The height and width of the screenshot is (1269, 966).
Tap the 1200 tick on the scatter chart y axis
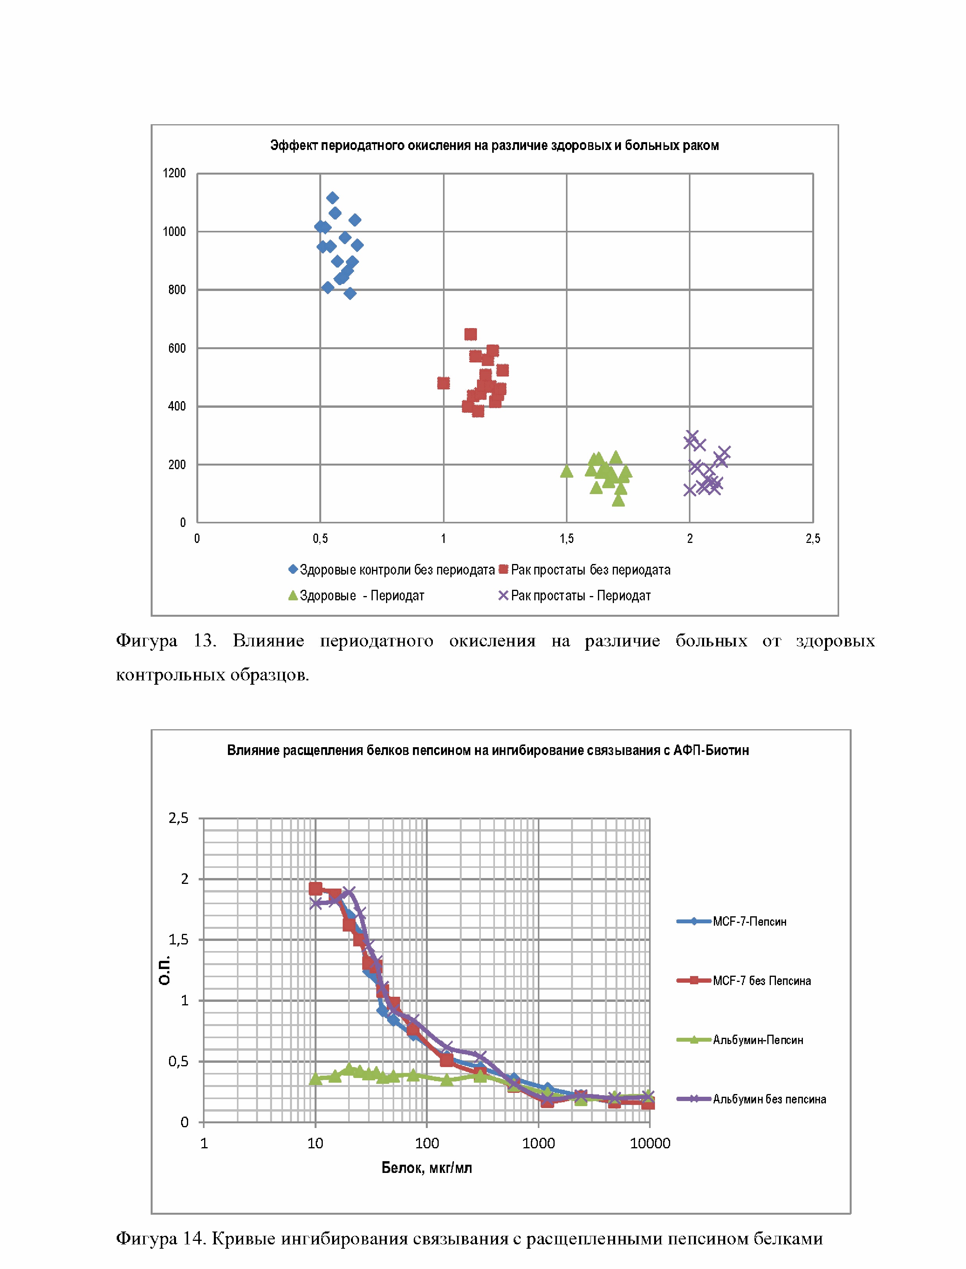tap(174, 173)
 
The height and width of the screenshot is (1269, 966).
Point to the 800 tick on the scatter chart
tap(176, 290)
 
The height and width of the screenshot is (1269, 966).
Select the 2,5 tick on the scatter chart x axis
tap(813, 539)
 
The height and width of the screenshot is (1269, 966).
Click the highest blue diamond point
tap(333, 198)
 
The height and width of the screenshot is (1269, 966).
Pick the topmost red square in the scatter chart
tap(470, 334)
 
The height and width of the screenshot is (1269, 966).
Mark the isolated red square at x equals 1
tap(443, 383)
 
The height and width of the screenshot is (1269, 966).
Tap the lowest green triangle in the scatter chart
tap(618, 500)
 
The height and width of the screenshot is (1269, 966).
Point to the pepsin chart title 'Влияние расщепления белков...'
tap(487, 750)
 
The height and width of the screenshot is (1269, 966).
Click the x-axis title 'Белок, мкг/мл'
tap(427, 1168)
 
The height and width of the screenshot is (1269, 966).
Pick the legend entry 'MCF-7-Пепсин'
tap(749, 921)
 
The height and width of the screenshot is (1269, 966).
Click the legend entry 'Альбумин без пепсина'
tap(769, 1099)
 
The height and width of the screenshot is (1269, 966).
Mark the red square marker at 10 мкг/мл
tap(315, 889)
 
